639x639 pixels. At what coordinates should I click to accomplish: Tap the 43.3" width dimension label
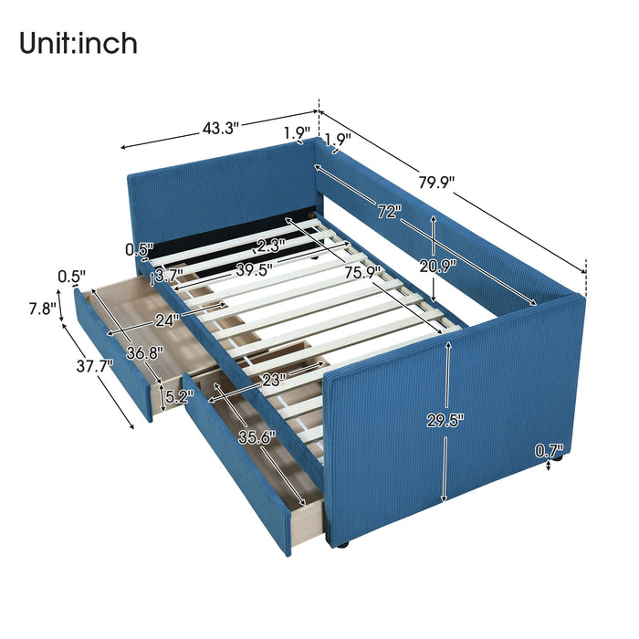pos(220,129)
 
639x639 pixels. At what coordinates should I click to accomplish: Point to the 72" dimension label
pos(389,212)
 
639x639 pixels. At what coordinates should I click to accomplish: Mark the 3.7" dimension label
pos(169,274)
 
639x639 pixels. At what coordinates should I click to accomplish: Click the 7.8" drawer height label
pos(39,308)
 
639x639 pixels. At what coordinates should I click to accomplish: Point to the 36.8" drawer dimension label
pos(142,352)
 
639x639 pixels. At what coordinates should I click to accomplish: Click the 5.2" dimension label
pos(178,397)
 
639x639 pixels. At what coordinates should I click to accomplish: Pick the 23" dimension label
pos(271,378)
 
